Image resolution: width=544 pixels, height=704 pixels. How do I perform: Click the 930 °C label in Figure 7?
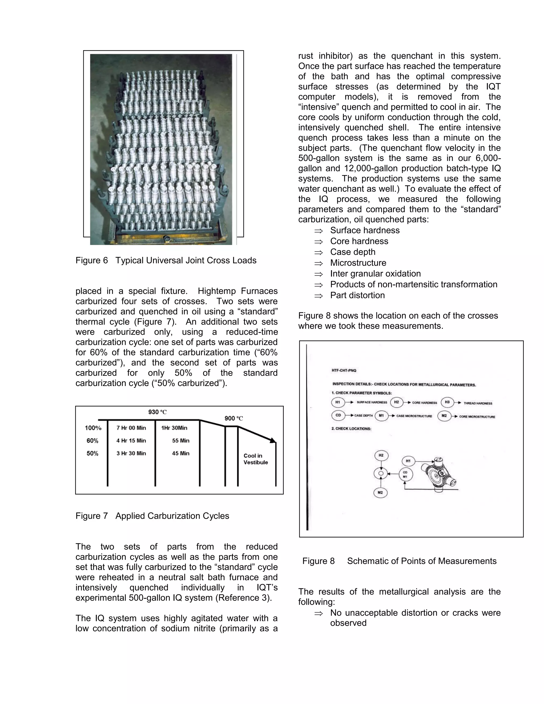[157, 412]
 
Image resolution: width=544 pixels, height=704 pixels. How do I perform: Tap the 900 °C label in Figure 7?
[234, 418]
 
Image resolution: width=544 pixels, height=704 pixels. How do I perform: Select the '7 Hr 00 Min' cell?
[131, 428]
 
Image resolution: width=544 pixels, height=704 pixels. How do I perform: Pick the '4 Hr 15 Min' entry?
[131, 441]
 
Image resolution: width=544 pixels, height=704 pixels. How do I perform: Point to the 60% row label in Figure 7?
[92, 441]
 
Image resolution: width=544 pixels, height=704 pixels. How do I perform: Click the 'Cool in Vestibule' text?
[256, 459]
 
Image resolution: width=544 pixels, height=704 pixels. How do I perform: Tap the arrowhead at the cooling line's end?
[273, 440]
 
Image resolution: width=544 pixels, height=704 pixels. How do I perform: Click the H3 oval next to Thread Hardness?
[447, 402]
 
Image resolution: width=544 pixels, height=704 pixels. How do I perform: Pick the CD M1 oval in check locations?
[405, 474]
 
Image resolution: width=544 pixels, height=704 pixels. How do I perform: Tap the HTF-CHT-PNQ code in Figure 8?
[344, 370]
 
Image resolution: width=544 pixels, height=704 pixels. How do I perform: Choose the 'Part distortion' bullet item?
[358, 295]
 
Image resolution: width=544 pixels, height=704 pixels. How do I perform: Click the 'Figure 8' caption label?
[318, 561]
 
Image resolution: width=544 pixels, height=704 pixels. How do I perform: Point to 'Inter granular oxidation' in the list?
[375, 274]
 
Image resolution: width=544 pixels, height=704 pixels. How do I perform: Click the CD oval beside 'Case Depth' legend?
[338, 415]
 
